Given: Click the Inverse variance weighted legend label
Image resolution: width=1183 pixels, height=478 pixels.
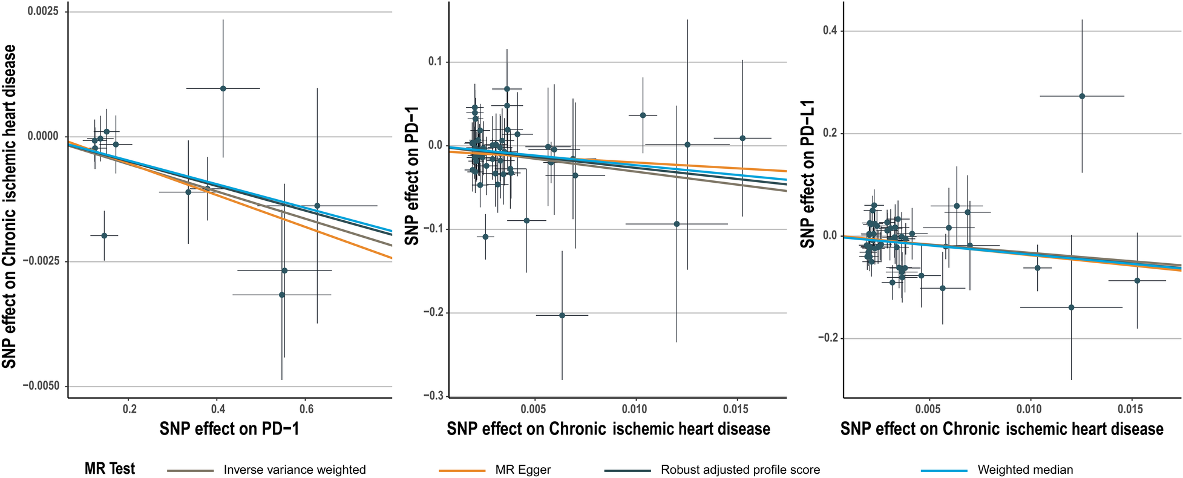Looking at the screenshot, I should [x=294, y=470].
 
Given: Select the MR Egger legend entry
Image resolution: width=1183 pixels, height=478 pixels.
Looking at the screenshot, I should [x=523, y=470].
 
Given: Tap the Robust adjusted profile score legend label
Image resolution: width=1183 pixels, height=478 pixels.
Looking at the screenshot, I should [x=740, y=470].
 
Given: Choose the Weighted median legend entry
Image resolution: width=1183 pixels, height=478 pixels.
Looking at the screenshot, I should [x=1025, y=470].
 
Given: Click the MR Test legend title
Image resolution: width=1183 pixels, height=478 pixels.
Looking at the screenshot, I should [x=110, y=469].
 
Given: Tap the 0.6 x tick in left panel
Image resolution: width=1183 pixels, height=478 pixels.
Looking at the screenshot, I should [x=306, y=410].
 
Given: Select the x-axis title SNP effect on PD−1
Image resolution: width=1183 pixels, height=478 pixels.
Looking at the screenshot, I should [x=229, y=429].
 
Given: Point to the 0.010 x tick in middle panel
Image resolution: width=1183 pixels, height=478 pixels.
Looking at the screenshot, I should [x=635, y=410].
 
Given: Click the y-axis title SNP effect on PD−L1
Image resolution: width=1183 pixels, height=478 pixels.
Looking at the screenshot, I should [x=807, y=174].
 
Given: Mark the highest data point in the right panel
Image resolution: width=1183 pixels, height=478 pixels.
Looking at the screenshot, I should [x=1082, y=96].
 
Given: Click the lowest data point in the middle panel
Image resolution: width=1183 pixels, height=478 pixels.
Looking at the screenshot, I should [x=562, y=315].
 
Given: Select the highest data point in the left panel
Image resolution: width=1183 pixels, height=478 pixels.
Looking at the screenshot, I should [x=223, y=88].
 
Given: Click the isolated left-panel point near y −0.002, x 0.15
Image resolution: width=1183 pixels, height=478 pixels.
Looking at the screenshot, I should [x=104, y=235].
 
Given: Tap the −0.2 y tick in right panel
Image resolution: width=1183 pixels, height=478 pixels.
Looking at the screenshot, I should [x=826, y=338].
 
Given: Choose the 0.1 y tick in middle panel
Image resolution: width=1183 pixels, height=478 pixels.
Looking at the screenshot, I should [x=435, y=62].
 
